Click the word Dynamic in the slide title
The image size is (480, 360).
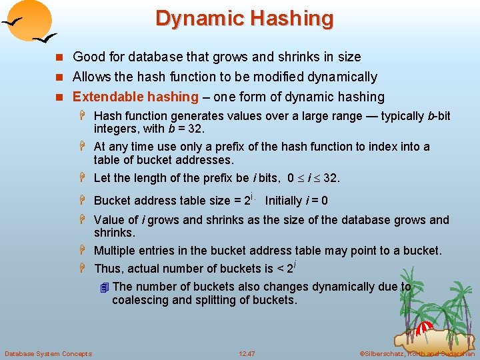click(197, 18)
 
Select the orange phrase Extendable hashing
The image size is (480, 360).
click(135, 97)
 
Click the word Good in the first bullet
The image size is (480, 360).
click(87, 57)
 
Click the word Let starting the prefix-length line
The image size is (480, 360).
click(103, 178)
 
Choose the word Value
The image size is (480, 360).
click(109, 220)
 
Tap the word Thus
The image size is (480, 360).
click(109, 269)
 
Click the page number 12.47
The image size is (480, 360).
click(247, 353)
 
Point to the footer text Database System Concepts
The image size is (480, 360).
click(48, 353)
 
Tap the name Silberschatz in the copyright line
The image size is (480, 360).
click(385, 353)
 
